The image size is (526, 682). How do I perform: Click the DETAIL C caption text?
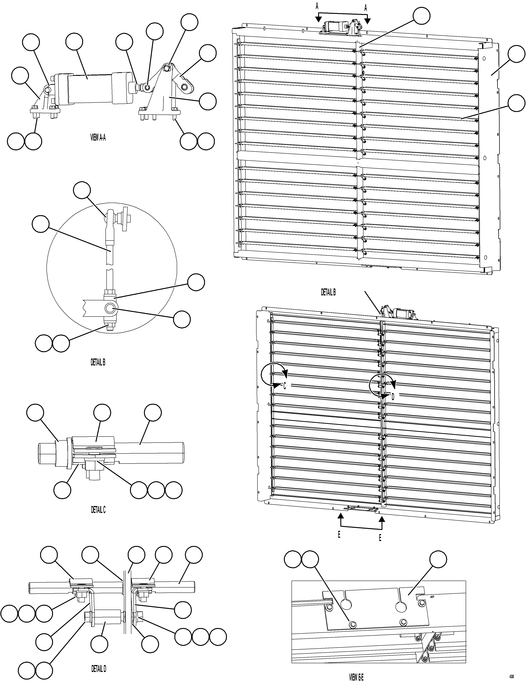click(98, 510)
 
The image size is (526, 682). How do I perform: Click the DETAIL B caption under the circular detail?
click(98, 362)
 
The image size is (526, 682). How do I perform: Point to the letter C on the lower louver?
click(285, 386)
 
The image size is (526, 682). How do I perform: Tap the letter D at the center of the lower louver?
click(393, 397)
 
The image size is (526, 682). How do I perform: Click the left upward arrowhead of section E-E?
click(340, 516)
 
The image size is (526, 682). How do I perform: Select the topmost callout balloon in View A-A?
click(189, 22)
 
